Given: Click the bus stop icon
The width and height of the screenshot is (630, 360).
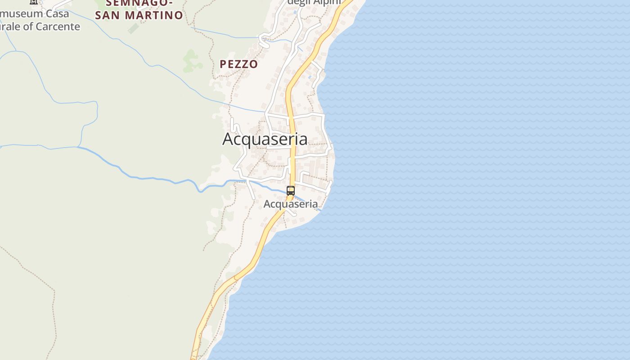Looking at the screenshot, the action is click(291, 191).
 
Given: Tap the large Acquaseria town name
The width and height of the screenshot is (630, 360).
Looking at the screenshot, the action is click(265, 139).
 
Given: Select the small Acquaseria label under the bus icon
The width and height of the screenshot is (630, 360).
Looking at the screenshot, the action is click(291, 204).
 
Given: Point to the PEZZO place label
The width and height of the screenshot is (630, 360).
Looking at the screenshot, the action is click(238, 64).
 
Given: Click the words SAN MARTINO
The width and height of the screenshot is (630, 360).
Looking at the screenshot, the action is click(139, 15).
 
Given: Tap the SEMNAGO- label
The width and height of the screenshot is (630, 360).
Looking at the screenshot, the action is click(139, 3).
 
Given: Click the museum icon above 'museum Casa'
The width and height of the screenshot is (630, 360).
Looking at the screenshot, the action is click(34, 2).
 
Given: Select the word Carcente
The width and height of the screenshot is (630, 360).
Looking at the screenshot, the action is click(58, 27).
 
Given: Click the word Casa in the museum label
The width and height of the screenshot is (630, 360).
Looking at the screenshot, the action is click(58, 13).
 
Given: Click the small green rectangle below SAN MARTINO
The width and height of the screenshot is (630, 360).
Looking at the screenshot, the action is click(134, 28).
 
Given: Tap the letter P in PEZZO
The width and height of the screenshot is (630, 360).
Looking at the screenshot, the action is click(223, 64).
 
